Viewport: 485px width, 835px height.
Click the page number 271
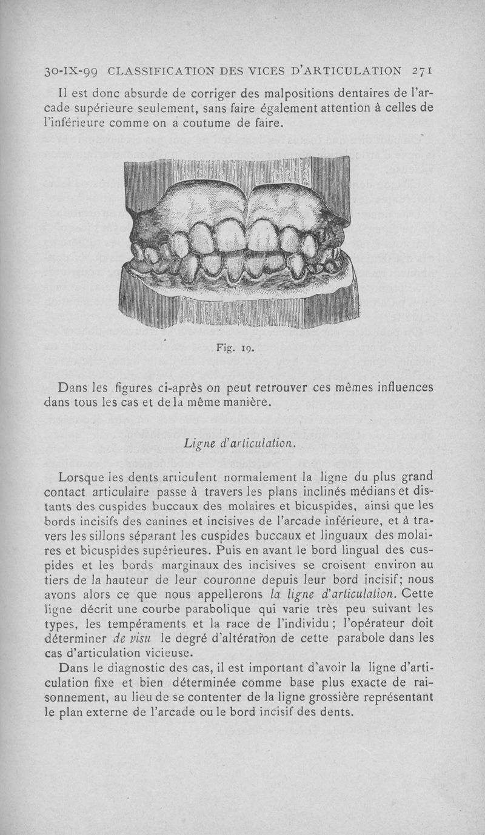point(420,70)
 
